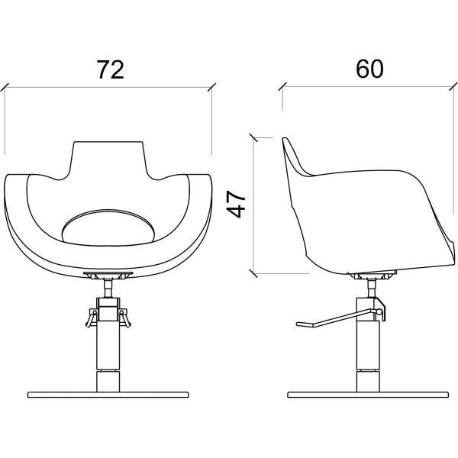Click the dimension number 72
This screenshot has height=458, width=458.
coord(111,69)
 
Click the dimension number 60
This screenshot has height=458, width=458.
coord(369,69)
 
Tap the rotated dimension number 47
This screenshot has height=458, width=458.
coord(236,204)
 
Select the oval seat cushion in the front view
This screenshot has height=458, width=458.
coord(108,227)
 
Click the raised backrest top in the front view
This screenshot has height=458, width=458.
coord(108,158)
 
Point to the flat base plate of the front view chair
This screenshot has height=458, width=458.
coord(108,395)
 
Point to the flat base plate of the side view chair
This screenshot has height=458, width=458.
coord(368,395)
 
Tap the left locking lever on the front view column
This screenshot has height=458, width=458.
coord(92,318)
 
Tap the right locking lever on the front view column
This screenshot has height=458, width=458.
coord(124,318)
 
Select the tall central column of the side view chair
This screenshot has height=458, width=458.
coord(368,345)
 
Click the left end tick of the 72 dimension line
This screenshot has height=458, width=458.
coord(5,87)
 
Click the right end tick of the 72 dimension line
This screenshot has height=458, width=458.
coord(211,87)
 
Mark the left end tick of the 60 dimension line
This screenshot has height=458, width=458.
coord(282,86)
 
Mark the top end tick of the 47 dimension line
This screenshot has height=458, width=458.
coord(253,137)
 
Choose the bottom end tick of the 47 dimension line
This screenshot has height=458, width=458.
coord(253,274)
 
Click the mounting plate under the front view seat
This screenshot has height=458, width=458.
coord(108,274)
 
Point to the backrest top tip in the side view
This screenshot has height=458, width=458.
coord(284,139)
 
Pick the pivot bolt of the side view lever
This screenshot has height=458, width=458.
coord(379,312)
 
